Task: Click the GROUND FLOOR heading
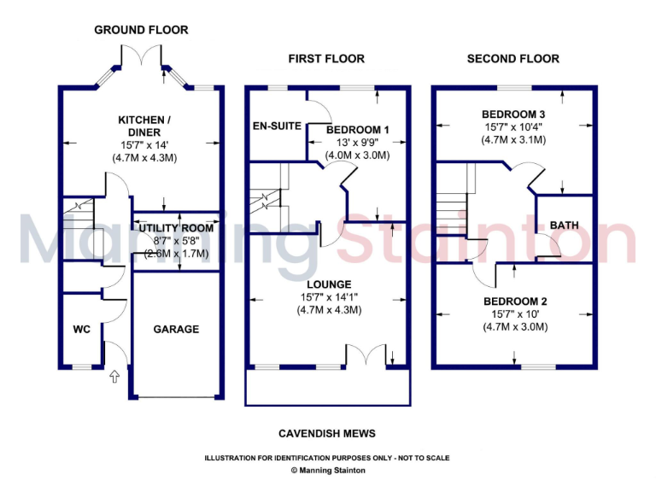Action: [141, 30]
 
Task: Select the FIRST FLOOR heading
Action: [326, 59]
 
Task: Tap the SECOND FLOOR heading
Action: [512, 59]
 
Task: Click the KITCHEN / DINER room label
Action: [144, 126]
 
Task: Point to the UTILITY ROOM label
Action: [176, 228]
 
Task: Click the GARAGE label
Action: [176, 329]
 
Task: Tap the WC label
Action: [82, 329]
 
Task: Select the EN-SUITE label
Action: [276, 126]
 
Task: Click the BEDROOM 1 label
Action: [358, 130]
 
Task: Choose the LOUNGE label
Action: [329, 284]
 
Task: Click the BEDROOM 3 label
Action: [513, 114]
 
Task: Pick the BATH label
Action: [564, 225]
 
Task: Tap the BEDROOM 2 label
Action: [515, 302]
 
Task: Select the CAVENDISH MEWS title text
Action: [327, 434]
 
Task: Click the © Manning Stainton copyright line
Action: [327, 470]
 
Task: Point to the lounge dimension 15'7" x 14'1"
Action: [329, 297]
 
